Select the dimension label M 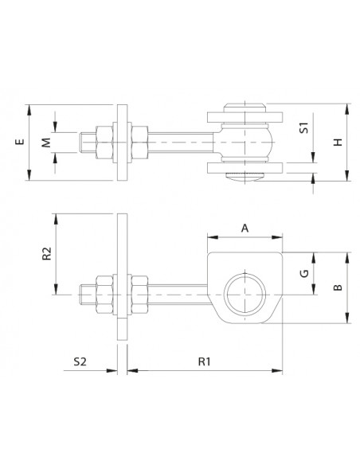click(45, 143)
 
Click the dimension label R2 click(46, 253)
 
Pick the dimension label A click(245, 227)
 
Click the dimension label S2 click(80, 361)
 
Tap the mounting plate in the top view click(121, 143)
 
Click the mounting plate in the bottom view click(121, 279)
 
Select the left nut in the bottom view click(105, 294)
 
